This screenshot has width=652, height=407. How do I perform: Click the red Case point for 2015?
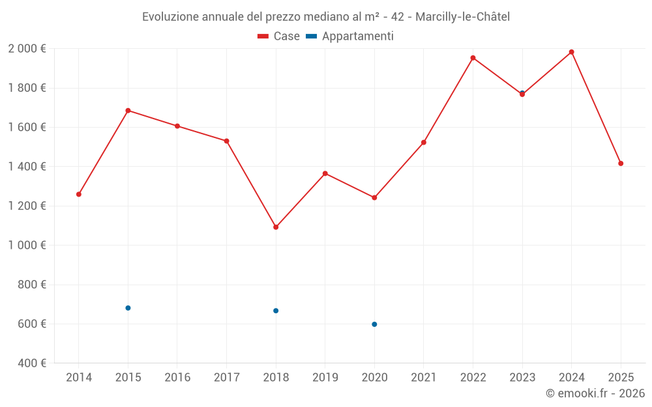(128, 111)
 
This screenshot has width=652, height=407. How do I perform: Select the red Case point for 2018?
(276, 227)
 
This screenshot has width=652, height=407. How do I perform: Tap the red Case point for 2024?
(571, 52)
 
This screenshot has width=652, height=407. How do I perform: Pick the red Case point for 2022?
(473, 58)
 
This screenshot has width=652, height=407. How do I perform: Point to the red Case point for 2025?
(621, 163)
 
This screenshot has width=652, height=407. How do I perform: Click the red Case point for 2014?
(79, 194)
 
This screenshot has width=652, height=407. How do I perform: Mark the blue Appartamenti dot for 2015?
(128, 308)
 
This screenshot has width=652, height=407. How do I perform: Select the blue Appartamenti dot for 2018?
(276, 311)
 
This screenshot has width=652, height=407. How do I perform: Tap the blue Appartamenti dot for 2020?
(374, 324)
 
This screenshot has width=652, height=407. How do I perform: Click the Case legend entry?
(279, 36)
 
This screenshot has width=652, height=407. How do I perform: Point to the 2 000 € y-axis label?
(27, 49)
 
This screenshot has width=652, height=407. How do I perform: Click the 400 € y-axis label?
(31, 363)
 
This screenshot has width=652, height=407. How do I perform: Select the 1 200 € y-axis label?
(27, 206)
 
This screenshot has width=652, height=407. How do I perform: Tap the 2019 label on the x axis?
(325, 378)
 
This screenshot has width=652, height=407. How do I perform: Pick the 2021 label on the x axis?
(424, 378)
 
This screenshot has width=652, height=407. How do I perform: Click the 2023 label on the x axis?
(522, 378)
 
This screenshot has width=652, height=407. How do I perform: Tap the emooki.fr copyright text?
(595, 393)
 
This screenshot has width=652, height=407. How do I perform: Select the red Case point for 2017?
(226, 141)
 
